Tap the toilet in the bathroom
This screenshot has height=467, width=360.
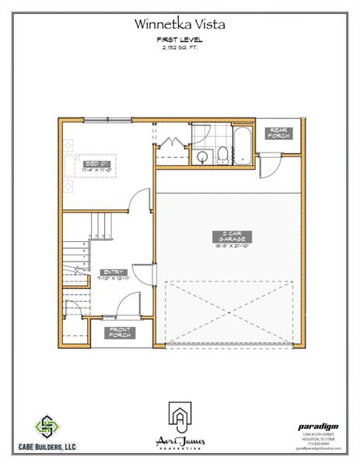[x=223, y=155]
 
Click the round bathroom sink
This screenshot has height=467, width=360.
[x=203, y=156]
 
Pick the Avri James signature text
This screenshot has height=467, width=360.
[x=180, y=441]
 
